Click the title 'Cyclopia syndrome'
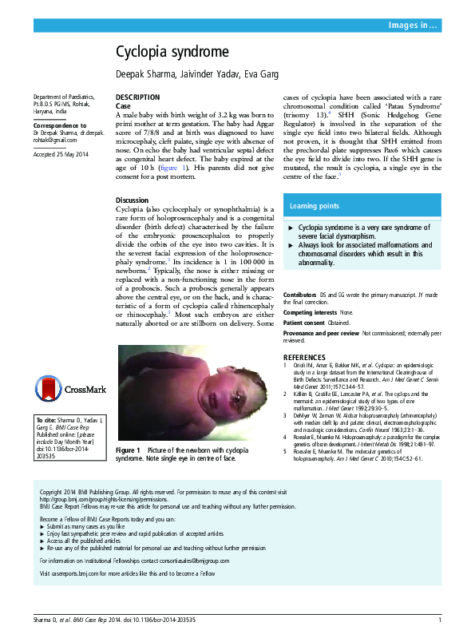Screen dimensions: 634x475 coord(172,53)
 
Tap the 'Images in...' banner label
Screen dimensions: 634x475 coord(412,26)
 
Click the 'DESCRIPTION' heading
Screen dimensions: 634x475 coord(137,97)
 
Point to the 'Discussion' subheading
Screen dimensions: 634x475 coord(132,200)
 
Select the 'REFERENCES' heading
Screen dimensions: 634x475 coord(307,356)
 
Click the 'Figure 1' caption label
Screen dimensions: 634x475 coord(129,451)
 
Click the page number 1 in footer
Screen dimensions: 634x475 coord(440,620)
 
